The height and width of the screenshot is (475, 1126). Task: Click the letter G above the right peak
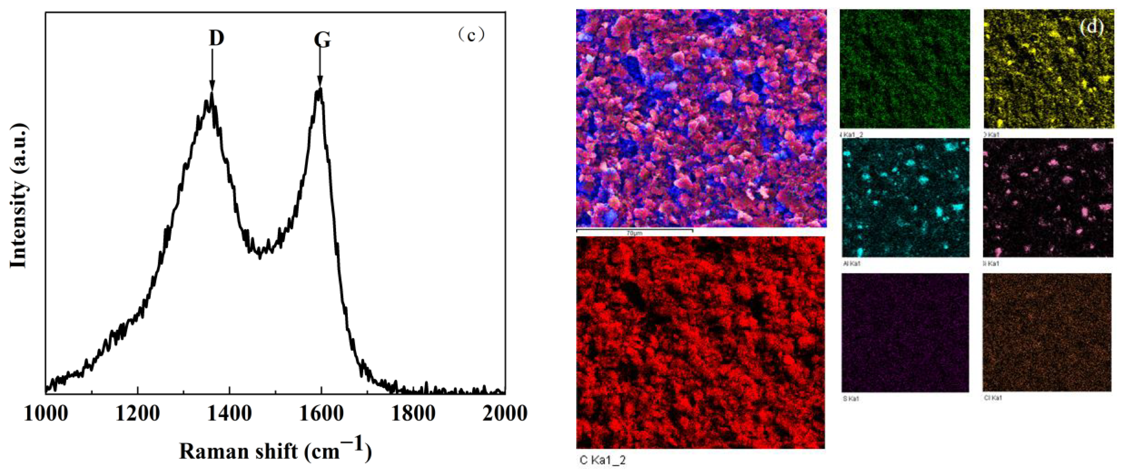[322, 40]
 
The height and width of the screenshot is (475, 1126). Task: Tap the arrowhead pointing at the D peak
[212, 85]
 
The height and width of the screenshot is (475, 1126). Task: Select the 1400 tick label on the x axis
[230, 413]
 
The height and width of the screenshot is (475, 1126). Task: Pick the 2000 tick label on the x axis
[505, 413]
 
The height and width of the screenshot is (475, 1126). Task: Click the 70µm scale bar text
[634, 233]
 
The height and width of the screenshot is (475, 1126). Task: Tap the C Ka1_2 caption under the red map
[602, 460]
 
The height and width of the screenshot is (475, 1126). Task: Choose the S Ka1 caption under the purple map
[850, 399]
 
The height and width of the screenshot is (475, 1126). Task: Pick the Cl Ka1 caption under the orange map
[993, 398]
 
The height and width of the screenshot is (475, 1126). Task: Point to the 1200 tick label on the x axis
[138, 413]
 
